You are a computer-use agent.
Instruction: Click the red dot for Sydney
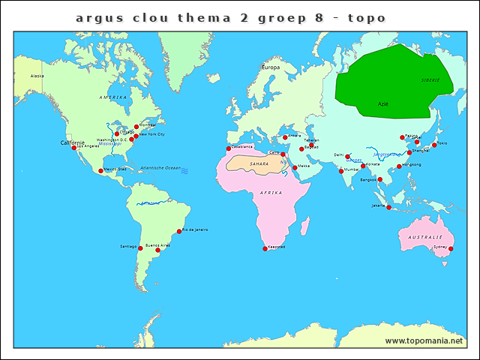pyautogui.click(x=451, y=248)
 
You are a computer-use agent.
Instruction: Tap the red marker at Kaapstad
pyautogui.click(x=265, y=248)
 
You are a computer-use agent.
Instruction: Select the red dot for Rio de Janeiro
pyautogui.click(x=179, y=231)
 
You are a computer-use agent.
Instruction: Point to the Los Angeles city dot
pyautogui.click(x=74, y=148)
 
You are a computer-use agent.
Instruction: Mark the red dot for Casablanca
pyautogui.click(x=228, y=148)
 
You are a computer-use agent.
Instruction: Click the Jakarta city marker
pyautogui.click(x=388, y=207)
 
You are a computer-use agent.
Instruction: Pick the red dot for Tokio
pyautogui.click(x=433, y=145)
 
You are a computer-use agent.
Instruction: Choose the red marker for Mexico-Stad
pyautogui.click(x=100, y=171)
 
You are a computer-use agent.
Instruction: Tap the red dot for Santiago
pyautogui.click(x=140, y=247)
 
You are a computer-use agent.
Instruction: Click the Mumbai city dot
pyautogui.click(x=341, y=171)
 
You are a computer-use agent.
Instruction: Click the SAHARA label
pyautogui.click(x=259, y=163)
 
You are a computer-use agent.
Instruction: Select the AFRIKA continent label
pyautogui.click(x=271, y=193)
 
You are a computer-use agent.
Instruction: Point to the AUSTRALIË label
pyautogui.click(x=424, y=237)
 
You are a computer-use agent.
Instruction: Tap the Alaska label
pyautogui.click(x=37, y=76)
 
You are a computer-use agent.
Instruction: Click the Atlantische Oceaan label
pyautogui.click(x=161, y=168)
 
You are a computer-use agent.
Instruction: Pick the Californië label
pyautogui.click(x=73, y=142)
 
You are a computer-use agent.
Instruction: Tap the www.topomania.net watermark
pyautogui.click(x=425, y=340)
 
